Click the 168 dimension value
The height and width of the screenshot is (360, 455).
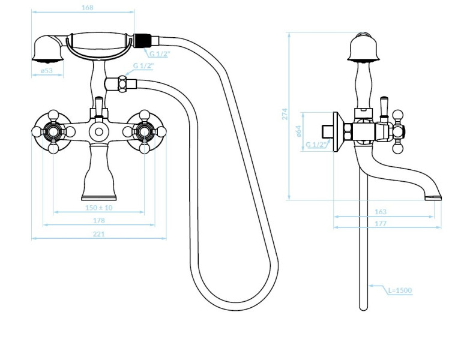click(88, 7)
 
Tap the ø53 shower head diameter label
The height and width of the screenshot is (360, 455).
click(47, 70)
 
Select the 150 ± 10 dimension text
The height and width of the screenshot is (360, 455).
click(98, 208)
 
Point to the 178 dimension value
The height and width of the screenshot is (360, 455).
click(98, 220)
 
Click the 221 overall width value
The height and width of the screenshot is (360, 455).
click(98, 234)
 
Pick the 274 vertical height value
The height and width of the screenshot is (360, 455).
click(285, 114)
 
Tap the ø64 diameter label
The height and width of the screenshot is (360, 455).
click(298, 131)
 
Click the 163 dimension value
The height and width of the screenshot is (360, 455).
click(381, 212)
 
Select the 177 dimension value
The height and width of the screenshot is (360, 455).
click(381, 223)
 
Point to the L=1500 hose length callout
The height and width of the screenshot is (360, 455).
click(400, 290)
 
